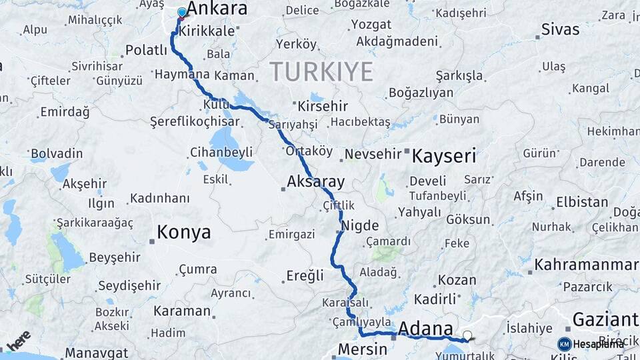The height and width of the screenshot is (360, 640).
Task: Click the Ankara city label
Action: pos(217,9)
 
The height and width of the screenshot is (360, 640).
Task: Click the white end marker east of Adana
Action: pos(467,335)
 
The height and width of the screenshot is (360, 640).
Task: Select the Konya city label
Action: pos(183,232)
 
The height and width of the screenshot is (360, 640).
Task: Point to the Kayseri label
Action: pos(444,157)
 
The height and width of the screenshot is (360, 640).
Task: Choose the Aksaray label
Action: pos(315,181)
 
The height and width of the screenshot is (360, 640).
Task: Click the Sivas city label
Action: pos(560,29)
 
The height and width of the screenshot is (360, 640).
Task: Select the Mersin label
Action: pos(362,349)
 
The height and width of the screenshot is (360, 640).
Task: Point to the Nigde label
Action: pos(360,225)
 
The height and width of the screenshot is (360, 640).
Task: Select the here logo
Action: pos(18,340)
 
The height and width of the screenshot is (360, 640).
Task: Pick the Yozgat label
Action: pos(371,25)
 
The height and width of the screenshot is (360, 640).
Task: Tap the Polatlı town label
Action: pos(147,50)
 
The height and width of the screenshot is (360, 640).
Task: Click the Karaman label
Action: pos(182,311)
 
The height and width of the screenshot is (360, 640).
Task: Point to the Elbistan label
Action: pos(581,202)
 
